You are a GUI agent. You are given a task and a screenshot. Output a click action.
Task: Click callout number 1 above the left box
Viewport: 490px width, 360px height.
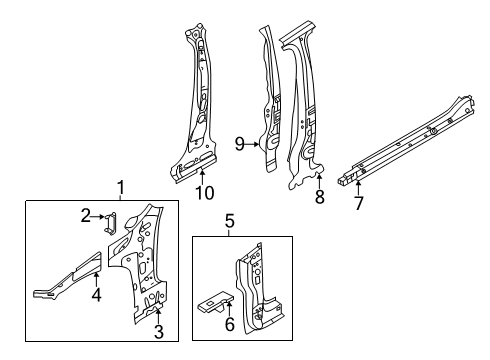(121, 187)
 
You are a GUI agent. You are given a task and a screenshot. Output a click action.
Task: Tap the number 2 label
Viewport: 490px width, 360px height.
(86, 216)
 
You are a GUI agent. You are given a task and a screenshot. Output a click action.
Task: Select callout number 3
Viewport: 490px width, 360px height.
(159, 331)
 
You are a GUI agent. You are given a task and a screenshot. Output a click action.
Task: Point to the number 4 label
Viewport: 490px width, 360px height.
(96, 295)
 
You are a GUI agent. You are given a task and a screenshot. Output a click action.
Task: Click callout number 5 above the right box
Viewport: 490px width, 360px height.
(230, 221)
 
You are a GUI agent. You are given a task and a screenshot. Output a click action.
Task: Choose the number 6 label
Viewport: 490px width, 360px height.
(230, 324)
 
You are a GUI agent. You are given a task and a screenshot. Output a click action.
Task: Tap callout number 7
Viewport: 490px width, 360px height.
(358, 203)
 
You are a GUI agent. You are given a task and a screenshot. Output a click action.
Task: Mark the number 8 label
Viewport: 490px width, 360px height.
(320, 196)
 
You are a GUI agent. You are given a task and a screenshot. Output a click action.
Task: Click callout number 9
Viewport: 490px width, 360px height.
(240, 144)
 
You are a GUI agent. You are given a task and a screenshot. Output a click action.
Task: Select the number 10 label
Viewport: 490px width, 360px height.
(204, 193)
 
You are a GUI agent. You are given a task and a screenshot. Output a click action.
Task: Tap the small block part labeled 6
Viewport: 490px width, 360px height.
(216, 302)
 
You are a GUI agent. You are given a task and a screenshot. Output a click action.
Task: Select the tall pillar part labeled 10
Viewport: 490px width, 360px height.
(194, 103)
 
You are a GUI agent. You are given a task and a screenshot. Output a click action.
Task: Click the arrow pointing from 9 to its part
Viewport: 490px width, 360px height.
(252, 144)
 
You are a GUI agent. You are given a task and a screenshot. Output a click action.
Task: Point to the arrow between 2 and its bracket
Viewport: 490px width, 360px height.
(98, 216)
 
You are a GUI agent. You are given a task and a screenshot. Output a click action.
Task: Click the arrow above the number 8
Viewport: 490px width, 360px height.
(320, 181)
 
